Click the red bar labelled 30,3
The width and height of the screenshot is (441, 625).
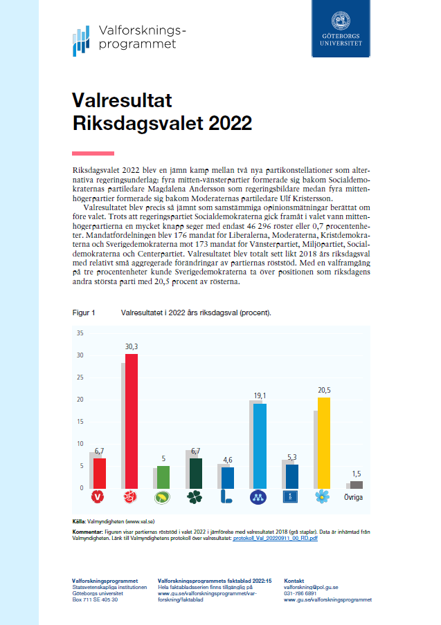tap(131, 420)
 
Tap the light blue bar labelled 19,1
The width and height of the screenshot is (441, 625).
tap(260, 445)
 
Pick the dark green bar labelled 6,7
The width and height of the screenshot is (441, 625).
tap(196, 473)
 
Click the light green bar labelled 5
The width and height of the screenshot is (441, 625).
tap(163, 476)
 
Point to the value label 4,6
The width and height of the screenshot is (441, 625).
tap(227, 460)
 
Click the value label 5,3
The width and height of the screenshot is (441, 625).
tap(291, 456)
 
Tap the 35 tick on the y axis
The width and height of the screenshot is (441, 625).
tap(80, 333)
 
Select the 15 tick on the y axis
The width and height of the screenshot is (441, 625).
tap(80, 422)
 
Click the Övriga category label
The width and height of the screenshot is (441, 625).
tap(355, 496)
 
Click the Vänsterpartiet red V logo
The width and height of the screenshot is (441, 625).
tap(98, 496)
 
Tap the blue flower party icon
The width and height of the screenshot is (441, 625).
tap(323, 496)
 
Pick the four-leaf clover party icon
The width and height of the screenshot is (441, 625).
tap(195, 496)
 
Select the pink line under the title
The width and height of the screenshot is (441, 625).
tap(93, 153)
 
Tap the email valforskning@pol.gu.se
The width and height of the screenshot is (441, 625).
tap(311, 587)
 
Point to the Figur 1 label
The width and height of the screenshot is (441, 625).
tap(84, 312)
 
